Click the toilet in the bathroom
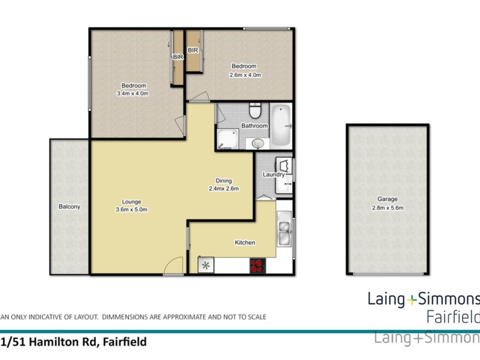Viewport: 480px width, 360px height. pos(255,112)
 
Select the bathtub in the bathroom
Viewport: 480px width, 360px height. pos(280,126)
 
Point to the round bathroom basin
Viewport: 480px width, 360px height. pos(258,143)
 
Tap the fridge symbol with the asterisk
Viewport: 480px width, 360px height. pos(206,265)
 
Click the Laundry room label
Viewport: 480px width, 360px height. pos(273,175)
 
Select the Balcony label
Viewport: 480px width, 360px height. pos(70,206)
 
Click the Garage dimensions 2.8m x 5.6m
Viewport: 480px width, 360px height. pos(387,209)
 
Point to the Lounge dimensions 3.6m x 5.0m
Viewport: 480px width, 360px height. pos(131,209)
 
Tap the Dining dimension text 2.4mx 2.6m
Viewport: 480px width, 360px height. pos(224,188)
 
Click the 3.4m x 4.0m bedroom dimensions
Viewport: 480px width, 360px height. pos(133,94)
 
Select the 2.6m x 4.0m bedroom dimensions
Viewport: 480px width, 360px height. pos(245,75)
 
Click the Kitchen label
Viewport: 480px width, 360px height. pos(245,242)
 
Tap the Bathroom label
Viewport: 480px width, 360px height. pos(254,126)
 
